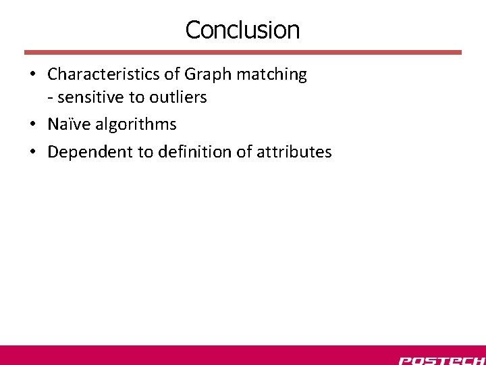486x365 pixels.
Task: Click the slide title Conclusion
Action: point(242,30)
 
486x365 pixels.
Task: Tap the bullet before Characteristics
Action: point(32,74)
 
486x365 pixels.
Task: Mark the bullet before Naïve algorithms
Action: point(32,125)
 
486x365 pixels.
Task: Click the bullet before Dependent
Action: point(32,152)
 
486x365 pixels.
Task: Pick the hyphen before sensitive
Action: point(51,98)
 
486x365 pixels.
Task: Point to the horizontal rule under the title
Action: point(243,52)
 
